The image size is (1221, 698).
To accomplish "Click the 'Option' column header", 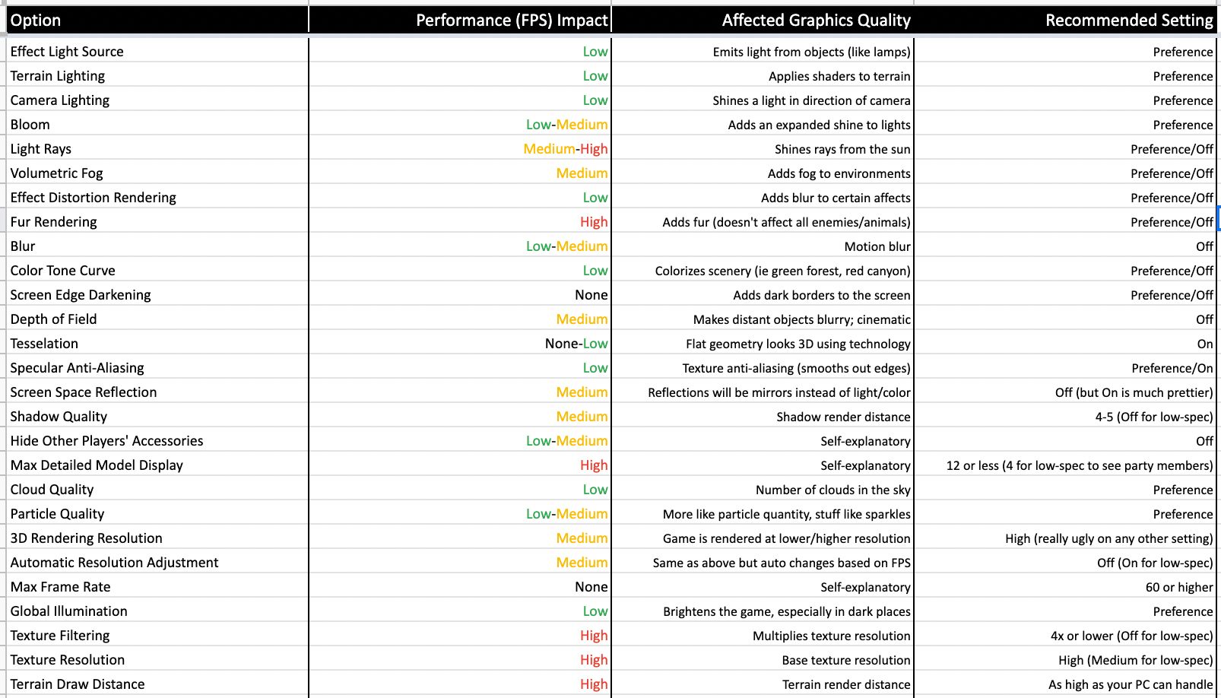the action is pos(36,21).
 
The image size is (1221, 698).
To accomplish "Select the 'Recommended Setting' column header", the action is pos(1129,21).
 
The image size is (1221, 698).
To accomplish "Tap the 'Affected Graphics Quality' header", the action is pos(816,21).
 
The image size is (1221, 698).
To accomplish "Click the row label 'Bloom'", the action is pos(30,125).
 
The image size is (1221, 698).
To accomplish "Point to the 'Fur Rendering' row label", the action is pos(54,222).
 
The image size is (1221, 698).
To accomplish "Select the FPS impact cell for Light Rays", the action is pos(565,149).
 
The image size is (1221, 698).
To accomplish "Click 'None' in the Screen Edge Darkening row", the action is pos(591,295).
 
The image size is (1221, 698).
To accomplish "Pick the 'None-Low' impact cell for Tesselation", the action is pos(576,344).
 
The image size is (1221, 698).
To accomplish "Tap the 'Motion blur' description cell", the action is pos(877,246).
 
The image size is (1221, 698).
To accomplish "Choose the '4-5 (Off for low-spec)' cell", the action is pos(1153,417).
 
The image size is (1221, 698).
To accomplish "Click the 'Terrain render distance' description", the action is pos(846,684).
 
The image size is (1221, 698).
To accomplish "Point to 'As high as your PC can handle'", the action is pos(1131,684).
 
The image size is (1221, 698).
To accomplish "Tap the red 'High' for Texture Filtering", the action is pos(593,636).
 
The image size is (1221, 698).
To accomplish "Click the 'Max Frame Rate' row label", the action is pos(61,587).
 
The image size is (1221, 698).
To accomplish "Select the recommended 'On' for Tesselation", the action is pos(1204,344).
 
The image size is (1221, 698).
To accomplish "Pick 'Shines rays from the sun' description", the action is pos(842,149).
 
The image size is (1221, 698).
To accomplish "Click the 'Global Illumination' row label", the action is pos(69,611).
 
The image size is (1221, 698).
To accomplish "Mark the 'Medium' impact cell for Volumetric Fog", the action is pos(582,173).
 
